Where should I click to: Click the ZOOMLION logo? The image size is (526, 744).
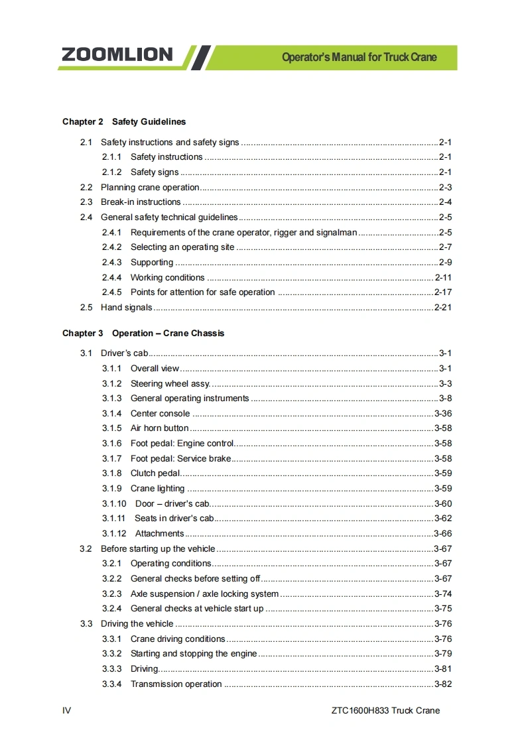pyautogui.click(x=117, y=55)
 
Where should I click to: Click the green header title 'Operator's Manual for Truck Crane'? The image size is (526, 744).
pyautogui.click(x=359, y=57)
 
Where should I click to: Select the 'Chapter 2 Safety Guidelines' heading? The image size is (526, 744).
pyautogui.click(x=124, y=122)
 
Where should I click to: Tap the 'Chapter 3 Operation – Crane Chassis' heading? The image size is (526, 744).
pyautogui.click(x=143, y=334)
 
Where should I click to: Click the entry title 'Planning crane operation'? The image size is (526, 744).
pyautogui.click(x=150, y=188)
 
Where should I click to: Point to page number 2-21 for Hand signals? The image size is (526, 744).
pyautogui.click(x=443, y=308)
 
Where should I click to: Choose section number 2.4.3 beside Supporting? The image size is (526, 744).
pyautogui.click(x=111, y=263)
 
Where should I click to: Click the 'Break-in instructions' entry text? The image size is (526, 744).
pyautogui.click(x=141, y=202)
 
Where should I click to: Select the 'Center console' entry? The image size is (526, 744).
pyautogui.click(x=160, y=414)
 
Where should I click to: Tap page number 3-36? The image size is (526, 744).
pyautogui.click(x=443, y=414)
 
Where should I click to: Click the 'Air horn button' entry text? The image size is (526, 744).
pyautogui.click(x=159, y=428)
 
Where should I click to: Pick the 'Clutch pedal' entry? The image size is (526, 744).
pyautogui.click(x=155, y=473)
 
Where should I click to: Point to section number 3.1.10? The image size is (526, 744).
pyautogui.click(x=114, y=504)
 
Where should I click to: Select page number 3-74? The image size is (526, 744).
pyautogui.click(x=443, y=594)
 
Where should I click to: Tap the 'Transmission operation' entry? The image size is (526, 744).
pyautogui.click(x=176, y=684)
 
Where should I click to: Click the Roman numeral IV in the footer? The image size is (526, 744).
pyautogui.click(x=66, y=711)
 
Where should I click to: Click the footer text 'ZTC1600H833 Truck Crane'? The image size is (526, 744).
pyautogui.click(x=385, y=711)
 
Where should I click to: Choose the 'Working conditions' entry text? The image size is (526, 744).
pyautogui.click(x=167, y=278)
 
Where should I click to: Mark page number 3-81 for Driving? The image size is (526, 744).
pyautogui.click(x=443, y=669)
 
